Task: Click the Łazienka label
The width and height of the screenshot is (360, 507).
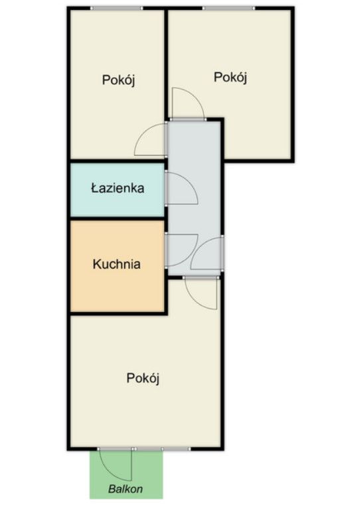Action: coord(118,188)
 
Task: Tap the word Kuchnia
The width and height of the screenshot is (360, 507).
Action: coord(116,264)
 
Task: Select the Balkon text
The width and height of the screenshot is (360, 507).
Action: coord(126,488)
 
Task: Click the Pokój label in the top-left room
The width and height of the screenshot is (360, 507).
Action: coord(118,79)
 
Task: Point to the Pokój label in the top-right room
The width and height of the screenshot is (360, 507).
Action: coord(230,77)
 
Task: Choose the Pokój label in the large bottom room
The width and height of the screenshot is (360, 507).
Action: coord(143,378)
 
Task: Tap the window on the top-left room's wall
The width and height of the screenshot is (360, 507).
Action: coord(116,8)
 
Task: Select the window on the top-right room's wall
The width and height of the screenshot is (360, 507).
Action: coord(228,8)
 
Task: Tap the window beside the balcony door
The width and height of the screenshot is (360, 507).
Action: coord(163,449)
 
